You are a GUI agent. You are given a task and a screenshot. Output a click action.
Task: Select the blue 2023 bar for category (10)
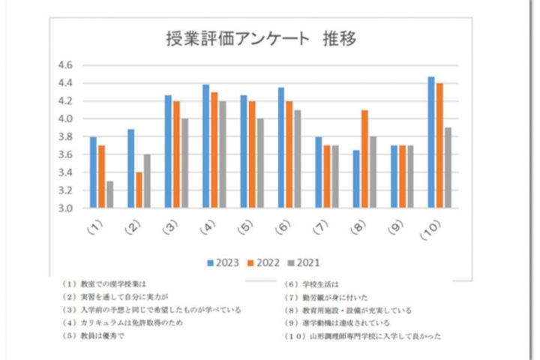(x=431, y=142)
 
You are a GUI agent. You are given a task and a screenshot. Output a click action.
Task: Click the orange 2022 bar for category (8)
(x=364, y=159)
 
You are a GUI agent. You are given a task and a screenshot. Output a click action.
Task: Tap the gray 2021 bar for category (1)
(x=110, y=194)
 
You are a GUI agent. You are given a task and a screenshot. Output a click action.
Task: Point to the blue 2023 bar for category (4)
(x=206, y=146)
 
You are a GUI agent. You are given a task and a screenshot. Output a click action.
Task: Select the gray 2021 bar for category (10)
(x=448, y=168)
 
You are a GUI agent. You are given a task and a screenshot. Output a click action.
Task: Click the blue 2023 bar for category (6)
(x=281, y=148)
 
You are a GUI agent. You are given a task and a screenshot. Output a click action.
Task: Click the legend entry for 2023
(x=224, y=262)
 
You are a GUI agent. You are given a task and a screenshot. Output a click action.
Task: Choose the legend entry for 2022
(x=266, y=262)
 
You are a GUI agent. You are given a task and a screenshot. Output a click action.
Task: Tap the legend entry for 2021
(x=307, y=262)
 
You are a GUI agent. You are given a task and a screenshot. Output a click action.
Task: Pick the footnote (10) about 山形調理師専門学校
(x=363, y=336)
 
